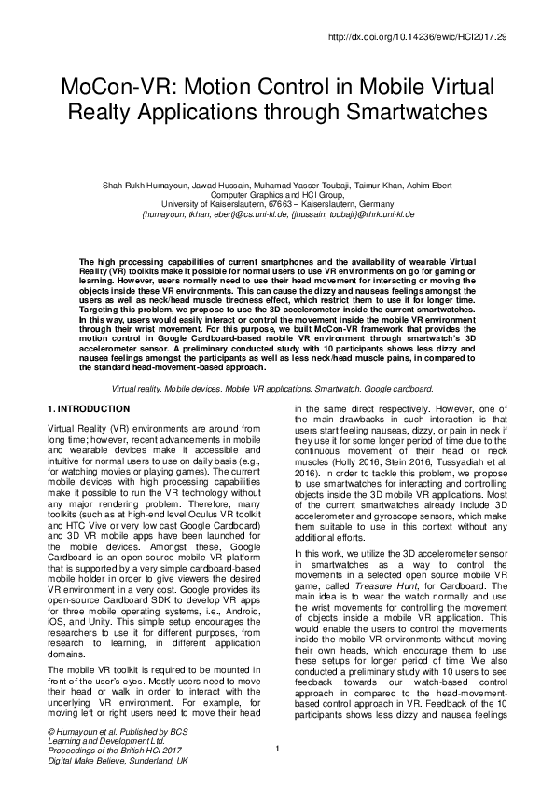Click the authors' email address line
tap(277, 213)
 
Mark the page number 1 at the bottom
tap(278, 749)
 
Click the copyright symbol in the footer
tap(49, 733)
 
